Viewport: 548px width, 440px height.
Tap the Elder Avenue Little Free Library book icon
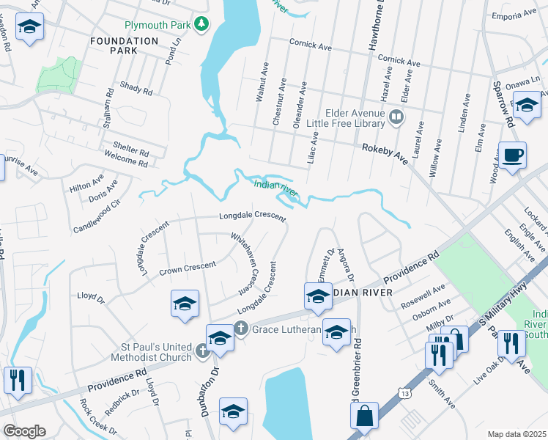tap(396, 117)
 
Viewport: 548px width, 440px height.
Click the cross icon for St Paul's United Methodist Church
tap(204, 351)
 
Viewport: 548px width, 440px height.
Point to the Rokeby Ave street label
tap(385, 153)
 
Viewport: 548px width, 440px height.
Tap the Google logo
tap(24, 430)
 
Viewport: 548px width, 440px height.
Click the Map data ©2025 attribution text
tap(516, 434)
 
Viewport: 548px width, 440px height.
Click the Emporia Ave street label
tap(514, 15)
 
